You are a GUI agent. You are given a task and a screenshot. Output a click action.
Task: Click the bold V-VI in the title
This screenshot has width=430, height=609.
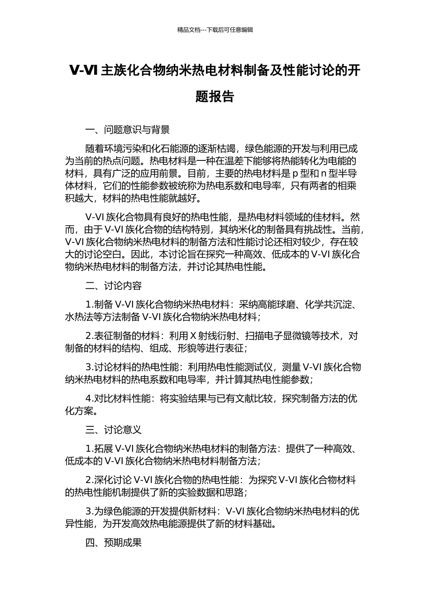(84, 71)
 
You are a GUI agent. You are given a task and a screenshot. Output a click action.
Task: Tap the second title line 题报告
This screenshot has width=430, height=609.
(215, 97)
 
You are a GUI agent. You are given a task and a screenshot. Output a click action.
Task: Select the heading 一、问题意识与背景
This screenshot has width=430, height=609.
(128, 130)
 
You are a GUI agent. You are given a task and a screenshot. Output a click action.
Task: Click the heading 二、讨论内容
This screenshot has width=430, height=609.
(114, 286)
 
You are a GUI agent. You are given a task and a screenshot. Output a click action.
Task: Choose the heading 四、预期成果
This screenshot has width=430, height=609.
(114, 542)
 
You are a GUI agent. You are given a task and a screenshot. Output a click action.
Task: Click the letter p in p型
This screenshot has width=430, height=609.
(295, 174)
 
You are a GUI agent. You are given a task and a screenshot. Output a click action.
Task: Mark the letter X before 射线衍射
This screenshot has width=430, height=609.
(192, 336)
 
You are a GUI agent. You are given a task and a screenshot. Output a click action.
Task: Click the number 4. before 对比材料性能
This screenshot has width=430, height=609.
(89, 399)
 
